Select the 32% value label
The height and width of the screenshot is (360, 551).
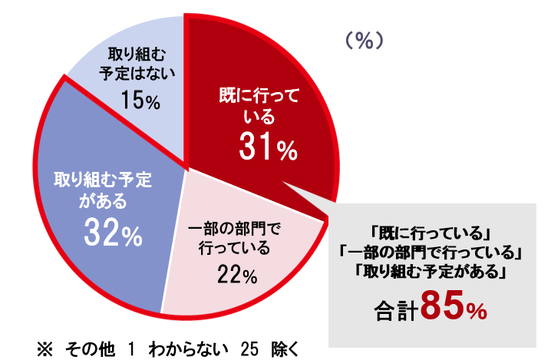(114, 233)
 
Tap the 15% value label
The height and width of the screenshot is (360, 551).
(139, 101)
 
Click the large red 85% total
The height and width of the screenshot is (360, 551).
(454, 307)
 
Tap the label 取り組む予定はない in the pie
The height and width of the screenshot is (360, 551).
(138, 64)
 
